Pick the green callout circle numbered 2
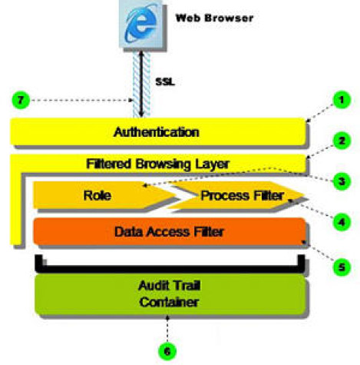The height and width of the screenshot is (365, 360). [x=335, y=142]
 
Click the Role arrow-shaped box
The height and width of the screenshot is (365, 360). [x=97, y=195]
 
